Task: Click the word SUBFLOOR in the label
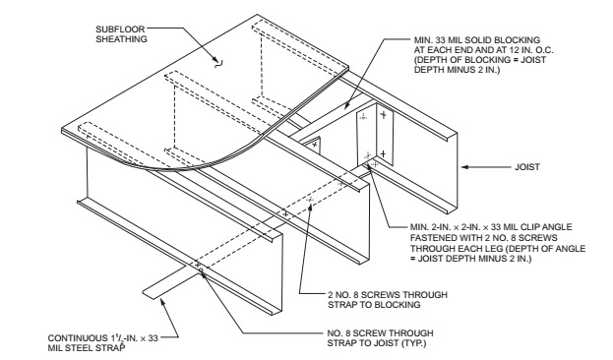coord(120,30)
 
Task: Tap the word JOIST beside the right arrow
coord(527,167)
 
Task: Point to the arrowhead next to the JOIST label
coord(464,167)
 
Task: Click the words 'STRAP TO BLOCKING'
coord(374,305)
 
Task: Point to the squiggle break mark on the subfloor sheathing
coord(218,63)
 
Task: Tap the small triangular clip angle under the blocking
coord(313,145)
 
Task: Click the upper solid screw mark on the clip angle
coord(384,114)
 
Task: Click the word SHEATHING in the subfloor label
coord(122,39)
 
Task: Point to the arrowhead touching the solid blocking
coord(346,105)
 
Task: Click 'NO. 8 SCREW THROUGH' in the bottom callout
coord(380,333)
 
